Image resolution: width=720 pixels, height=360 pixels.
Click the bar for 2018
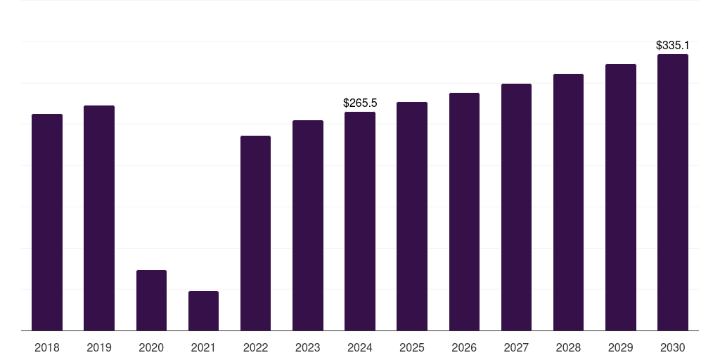(47, 222)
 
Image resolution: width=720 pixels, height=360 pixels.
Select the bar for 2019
(99, 218)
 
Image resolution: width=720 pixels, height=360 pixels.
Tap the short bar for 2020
(151, 300)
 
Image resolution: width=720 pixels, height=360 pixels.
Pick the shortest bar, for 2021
(203, 311)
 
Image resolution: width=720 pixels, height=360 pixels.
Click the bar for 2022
(255, 233)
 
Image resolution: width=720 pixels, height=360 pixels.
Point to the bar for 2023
(308, 225)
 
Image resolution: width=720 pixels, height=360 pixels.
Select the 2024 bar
(360, 221)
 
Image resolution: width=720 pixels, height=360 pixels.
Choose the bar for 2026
(464, 212)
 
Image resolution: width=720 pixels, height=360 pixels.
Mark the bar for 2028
(568, 202)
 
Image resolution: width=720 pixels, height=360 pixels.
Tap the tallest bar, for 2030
(672, 192)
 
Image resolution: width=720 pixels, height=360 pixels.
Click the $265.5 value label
(360, 103)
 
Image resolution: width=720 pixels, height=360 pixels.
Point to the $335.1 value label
(672, 45)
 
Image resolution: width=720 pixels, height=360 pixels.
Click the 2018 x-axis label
(47, 347)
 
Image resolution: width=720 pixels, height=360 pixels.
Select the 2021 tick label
(203, 347)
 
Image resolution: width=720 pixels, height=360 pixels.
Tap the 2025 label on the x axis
(412, 347)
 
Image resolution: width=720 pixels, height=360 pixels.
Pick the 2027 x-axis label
(516, 347)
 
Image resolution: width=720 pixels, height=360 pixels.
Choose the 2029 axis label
(620, 347)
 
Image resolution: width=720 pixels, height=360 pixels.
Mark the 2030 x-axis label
(672, 347)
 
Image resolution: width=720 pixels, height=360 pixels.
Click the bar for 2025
(412, 216)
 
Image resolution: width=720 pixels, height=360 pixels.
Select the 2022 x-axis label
(255, 347)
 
